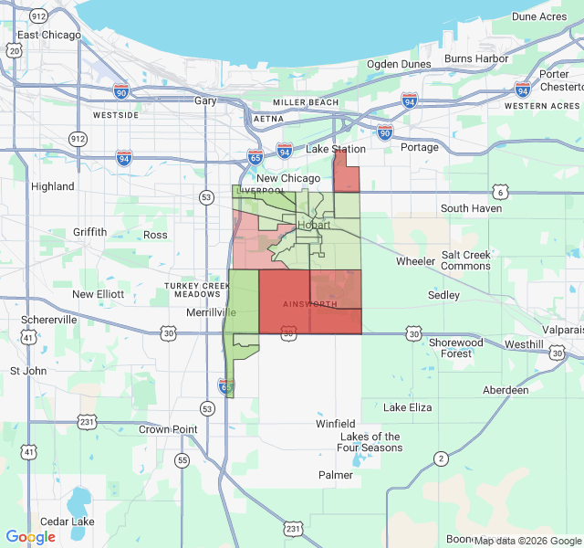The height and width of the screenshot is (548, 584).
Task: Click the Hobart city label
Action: tap(314, 225)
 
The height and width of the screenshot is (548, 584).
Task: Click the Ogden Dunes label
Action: tap(399, 64)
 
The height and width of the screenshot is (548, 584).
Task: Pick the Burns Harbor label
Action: tap(476, 58)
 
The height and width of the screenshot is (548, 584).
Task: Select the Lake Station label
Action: tap(336, 149)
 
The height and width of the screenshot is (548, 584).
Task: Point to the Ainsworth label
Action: tap(309, 303)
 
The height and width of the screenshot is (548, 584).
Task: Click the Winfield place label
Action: tap(336, 424)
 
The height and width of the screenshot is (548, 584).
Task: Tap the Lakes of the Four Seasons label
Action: tap(369, 442)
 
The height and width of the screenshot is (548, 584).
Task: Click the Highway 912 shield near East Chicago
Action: tap(39, 16)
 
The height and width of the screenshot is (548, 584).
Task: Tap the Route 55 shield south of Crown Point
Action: tap(182, 460)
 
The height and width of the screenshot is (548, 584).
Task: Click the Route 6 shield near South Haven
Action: tap(499, 191)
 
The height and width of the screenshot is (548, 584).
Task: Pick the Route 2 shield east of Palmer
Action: tap(441, 458)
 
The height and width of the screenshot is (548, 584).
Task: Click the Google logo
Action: tap(31, 537)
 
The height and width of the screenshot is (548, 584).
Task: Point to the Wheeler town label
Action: tap(415, 261)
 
